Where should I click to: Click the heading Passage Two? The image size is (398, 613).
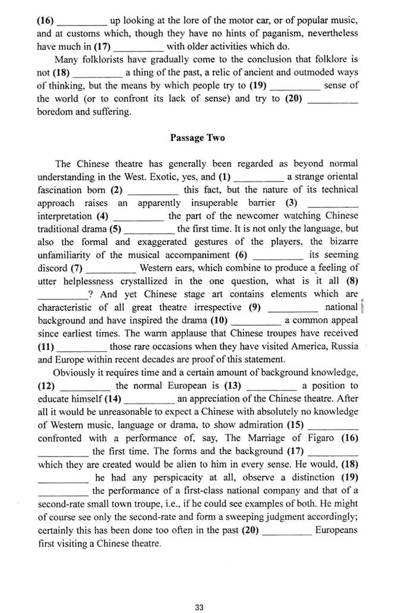[x=198, y=138]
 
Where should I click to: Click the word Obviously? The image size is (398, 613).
[x=75, y=372]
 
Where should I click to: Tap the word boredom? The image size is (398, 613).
[x=54, y=112]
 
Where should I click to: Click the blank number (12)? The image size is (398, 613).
[x=48, y=385]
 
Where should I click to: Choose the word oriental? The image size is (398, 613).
[x=341, y=177]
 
